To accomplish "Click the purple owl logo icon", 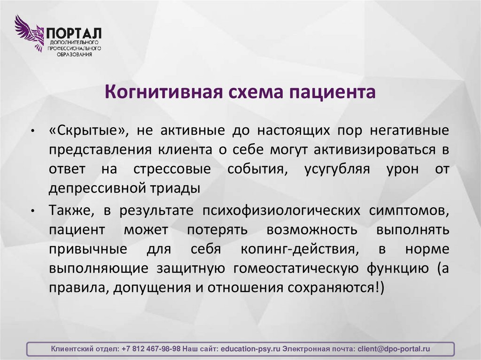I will [x=29, y=32].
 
